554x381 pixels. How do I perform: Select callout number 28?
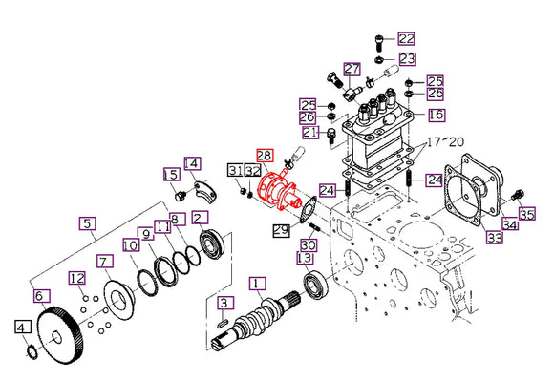click(263, 154)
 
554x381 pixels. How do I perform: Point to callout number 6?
click(39, 297)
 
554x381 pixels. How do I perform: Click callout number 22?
click(408, 39)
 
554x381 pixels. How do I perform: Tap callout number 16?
click(436, 115)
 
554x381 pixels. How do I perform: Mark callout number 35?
click(526, 213)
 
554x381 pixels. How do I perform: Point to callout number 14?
click(192, 163)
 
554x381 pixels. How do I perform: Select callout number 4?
click(21, 328)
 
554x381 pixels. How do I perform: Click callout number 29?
click(280, 229)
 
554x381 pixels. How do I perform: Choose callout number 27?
click(352, 69)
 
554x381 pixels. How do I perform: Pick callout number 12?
click(77, 278)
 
